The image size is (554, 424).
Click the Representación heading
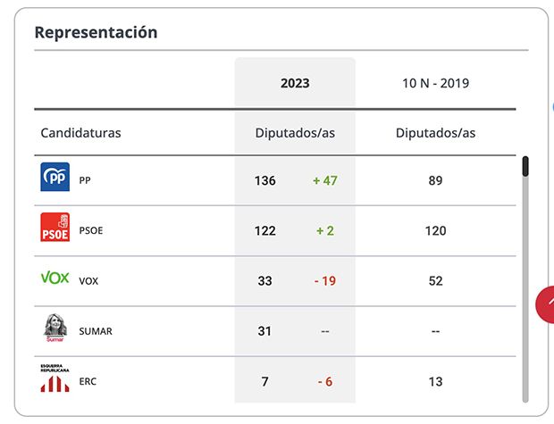[x=96, y=32]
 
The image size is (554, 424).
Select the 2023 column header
[x=295, y=83]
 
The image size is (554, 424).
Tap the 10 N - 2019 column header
[x=435, y=83]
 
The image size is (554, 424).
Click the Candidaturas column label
[x=80, y=133]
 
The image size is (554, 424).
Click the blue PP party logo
[x=55, y=178]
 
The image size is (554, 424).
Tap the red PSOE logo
[x=55, y=228]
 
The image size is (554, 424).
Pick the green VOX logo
[x=55, y=279]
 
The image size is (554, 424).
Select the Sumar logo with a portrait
[x=55, y=328]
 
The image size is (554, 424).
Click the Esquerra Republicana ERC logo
[x=55, y=378]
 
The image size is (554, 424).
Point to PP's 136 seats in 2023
[x=265, y=180]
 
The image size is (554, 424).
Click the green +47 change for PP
[x=324, y=180]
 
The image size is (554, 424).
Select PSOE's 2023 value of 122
[x=265, y=230]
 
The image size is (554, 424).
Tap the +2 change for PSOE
[x=324, y=230]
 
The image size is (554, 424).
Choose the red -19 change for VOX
[x=324, y=280]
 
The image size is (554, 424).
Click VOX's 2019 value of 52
[x=435, y=280]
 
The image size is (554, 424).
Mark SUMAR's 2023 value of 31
[x=264, y=330]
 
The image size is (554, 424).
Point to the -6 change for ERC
[x=324, y=381]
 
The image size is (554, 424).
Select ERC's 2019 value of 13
[x=435, y=381]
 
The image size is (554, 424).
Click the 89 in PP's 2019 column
[x=435, y=180]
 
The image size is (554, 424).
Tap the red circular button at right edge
[x=546, y=304]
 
